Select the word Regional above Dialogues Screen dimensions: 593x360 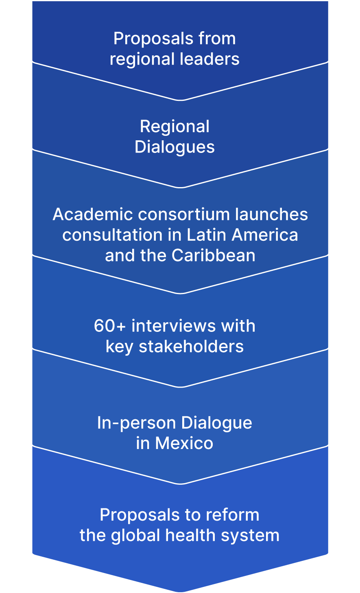(175, 127)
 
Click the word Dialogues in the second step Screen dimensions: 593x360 (175, 147)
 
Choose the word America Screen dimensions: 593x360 (266, 235)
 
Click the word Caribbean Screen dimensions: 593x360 (214, 256)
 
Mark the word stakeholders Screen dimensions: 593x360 (191, 347)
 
